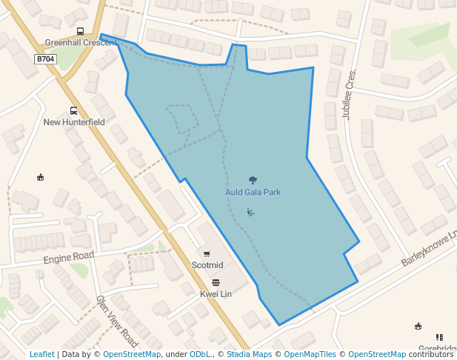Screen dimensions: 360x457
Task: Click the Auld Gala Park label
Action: (253, 193)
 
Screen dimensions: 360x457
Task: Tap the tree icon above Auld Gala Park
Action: (253, 180)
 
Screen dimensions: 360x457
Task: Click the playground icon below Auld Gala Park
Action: (251, 213)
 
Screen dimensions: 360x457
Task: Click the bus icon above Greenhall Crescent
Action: (80, 31)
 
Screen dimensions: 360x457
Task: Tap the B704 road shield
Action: (45, 59)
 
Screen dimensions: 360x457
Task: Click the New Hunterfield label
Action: (74, 122)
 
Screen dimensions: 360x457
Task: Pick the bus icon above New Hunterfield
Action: (73, 110)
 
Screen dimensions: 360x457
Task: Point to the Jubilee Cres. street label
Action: (350, 94)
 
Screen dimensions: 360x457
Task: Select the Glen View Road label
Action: (117, 321)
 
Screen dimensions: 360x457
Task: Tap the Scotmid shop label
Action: (207, 265)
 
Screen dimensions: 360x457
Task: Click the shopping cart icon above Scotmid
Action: (207, 254)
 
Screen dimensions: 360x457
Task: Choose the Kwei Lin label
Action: (216, 294)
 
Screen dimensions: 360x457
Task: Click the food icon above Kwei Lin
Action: (216, 282)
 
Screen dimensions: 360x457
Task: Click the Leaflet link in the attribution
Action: (41, 354)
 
